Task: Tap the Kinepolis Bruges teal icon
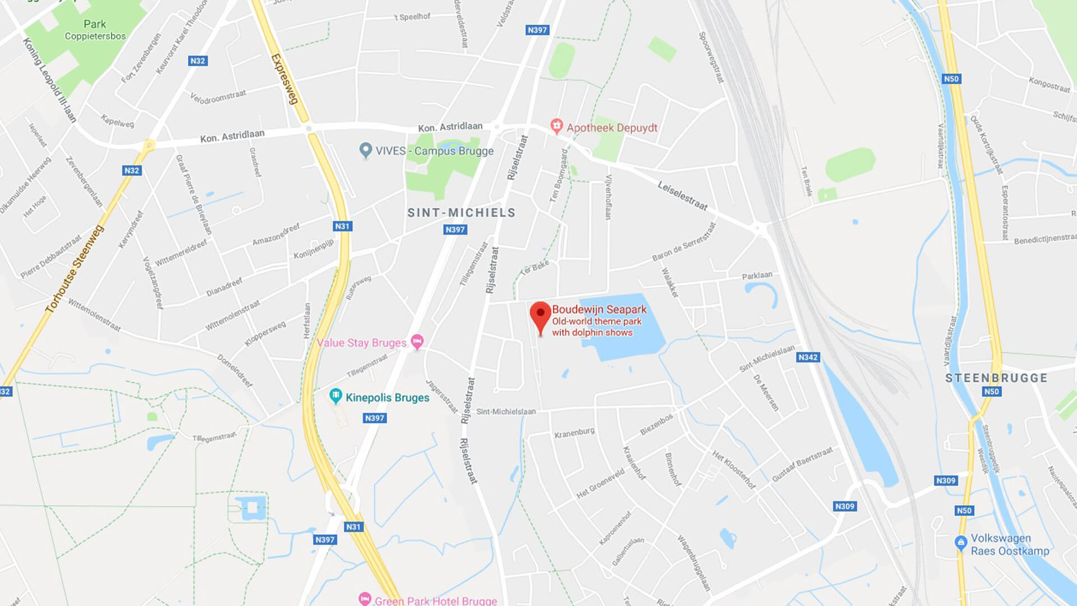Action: click(335, 396)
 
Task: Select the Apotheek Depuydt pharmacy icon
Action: click(556, 126)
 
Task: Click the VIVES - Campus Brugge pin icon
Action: click(366, 150)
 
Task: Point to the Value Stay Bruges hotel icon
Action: click(417, 341)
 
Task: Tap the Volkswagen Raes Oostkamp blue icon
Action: click(960, 543)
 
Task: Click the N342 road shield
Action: click(808, 357)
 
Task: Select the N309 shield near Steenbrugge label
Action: click(946, 481)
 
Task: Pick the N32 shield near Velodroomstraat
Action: click(197, 61)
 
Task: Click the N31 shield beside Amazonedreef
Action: click(342, 226)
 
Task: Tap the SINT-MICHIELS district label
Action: click(461, 213)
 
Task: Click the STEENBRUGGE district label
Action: click(996, 378)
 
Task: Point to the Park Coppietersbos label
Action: click(95, 30)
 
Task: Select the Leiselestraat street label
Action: click(683, 196)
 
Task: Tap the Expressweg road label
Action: click(284, 79)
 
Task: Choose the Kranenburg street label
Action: click(574, 433)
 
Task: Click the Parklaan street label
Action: click(757, 276)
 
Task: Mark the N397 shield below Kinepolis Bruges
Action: click(375, 418)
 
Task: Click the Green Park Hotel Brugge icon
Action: click(365, 599)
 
